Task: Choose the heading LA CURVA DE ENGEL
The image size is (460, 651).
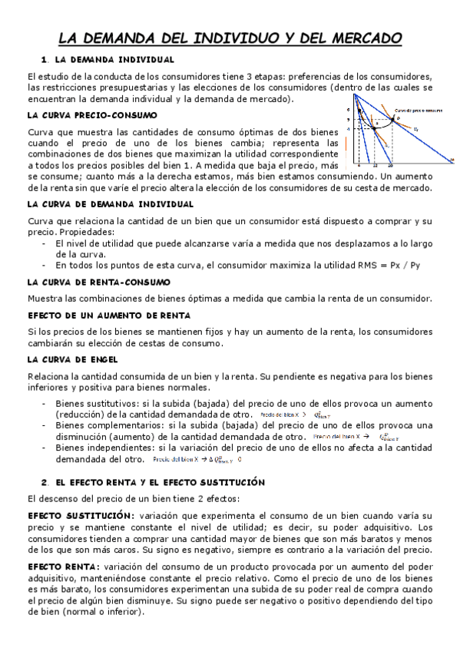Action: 67,359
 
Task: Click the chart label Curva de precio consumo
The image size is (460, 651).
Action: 419,111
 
